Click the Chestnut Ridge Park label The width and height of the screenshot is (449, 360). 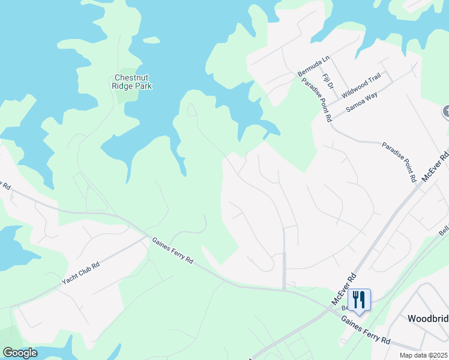133,82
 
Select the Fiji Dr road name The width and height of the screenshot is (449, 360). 327,82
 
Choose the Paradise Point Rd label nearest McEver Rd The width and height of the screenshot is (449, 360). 399,162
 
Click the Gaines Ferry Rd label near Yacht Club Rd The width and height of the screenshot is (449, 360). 172,251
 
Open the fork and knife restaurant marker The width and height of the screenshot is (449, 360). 359,299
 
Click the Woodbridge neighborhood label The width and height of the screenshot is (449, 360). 428,318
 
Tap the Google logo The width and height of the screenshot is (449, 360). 20,352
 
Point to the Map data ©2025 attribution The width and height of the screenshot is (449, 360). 423,355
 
